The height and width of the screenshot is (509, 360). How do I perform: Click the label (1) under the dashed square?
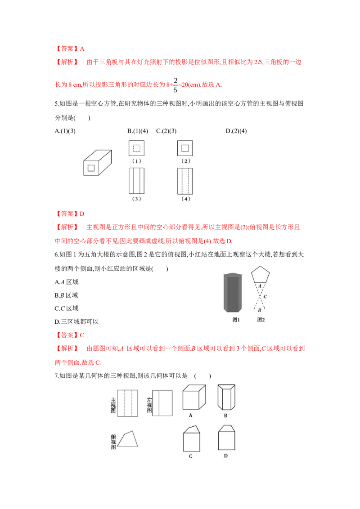pos(136,161)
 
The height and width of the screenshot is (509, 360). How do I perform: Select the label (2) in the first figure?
pos(185,161)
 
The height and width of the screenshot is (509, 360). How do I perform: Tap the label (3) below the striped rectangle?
pos(136,199)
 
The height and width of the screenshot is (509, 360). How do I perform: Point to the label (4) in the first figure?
pos(185,199)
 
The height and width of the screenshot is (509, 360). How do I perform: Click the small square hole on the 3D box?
pos(91,168)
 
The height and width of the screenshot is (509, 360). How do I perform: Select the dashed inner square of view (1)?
pos(136,148)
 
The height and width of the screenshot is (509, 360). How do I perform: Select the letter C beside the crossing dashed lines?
pos(265,297)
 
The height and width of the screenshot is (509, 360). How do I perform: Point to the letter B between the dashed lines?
pos(260,310)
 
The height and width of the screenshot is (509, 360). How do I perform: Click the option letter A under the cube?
pos(191,415)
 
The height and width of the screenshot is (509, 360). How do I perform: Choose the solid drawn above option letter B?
pos(226,397)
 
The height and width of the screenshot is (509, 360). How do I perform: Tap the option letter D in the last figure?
pos(226,455)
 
